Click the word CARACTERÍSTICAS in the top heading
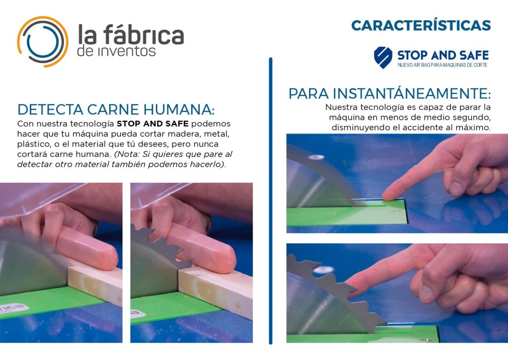click(421, 25)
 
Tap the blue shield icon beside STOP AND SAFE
click(383, 58)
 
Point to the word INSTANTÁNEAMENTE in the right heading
click(412, 93)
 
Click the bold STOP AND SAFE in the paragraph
click(153, 124)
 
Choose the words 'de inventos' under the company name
click(116, 51)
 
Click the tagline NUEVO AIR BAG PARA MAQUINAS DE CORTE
click(442, 65)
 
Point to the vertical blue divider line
click(270, 201)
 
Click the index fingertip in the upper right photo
click(389, 195)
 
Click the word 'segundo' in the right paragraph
click(470, 117)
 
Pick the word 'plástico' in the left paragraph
click(32, 144)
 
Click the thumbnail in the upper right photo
click(456, 188)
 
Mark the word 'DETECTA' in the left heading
click(50, 110)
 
